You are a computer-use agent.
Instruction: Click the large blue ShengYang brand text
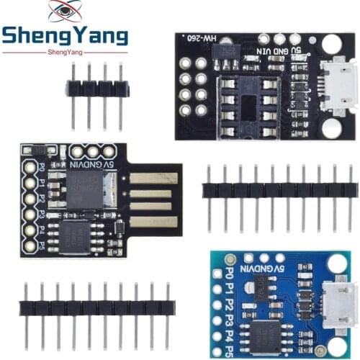pyautogui.click(x=65, y=36)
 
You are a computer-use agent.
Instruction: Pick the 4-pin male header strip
pyautogui.click(x=97, y=88)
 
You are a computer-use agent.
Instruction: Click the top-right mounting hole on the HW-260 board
pyautogui.click(x=330, y=45)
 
